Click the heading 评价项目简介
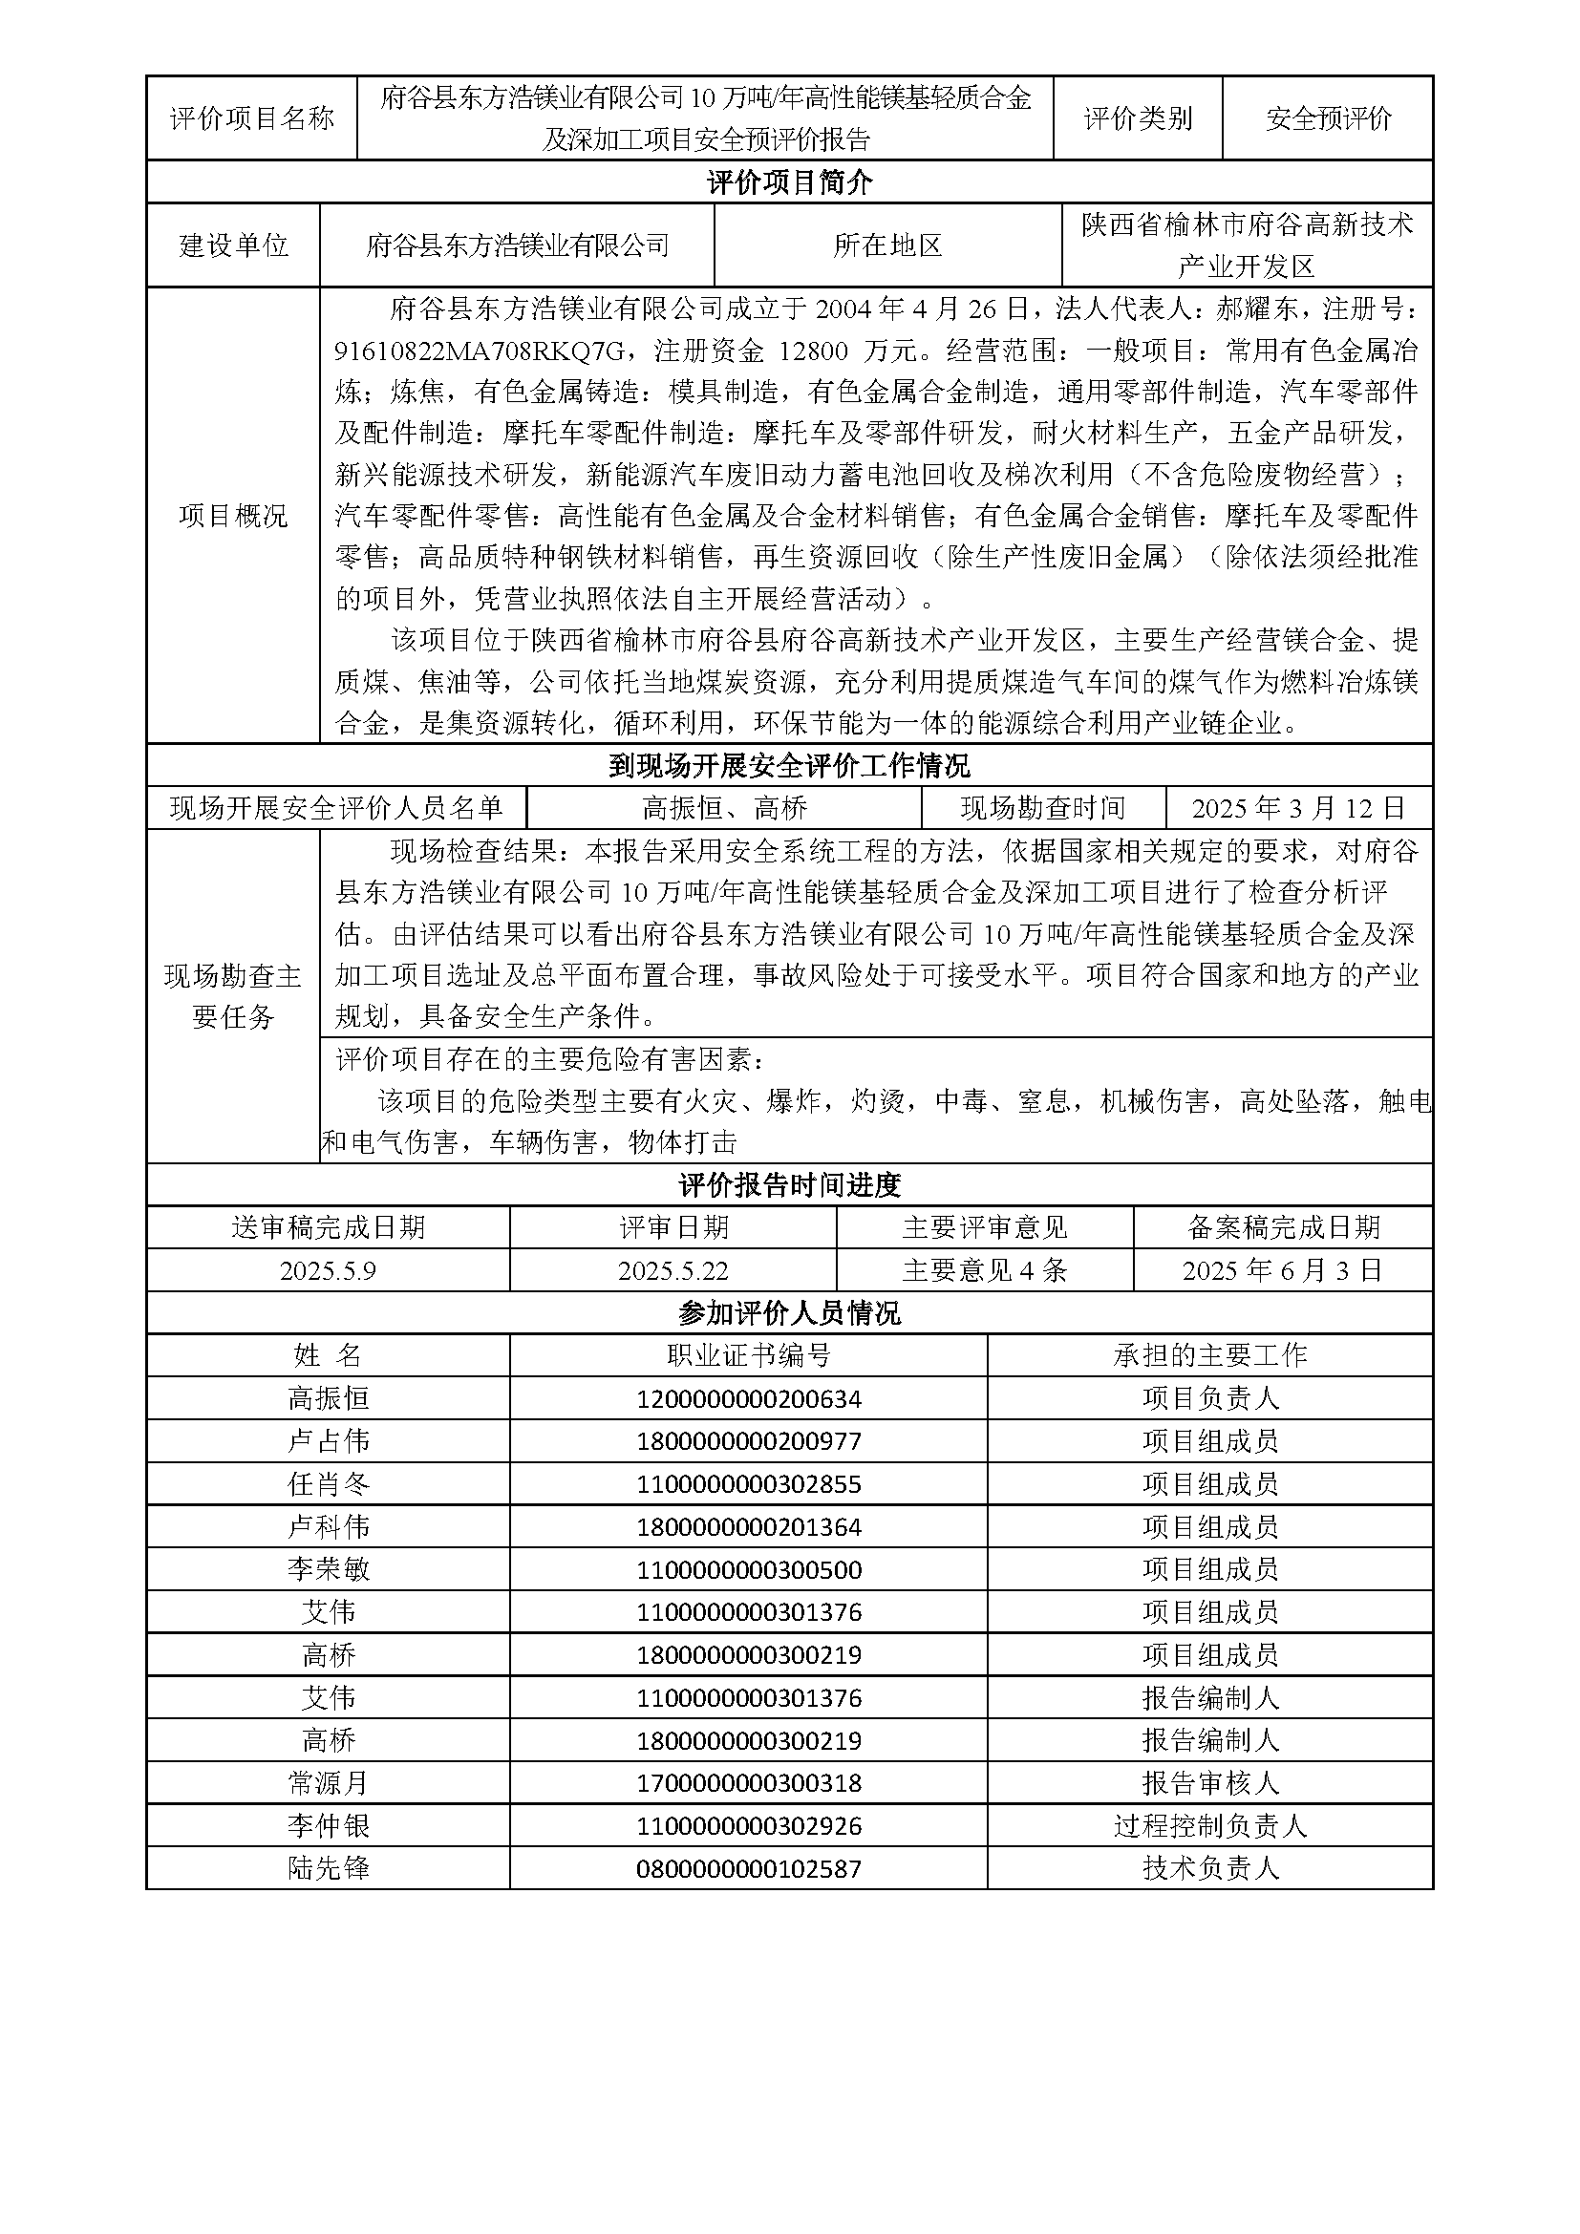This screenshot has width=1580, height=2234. (x=789, y=182)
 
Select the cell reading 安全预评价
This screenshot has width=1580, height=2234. (x=1328, y=118)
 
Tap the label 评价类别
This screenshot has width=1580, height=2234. (x=1138, y=118)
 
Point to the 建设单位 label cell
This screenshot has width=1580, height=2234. (x=233, y=245)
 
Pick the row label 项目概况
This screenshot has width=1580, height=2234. (x=233, y=516)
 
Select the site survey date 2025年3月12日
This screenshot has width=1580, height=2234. (x=1298, y=808)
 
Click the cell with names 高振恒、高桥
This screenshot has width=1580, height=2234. (x=725, y=808)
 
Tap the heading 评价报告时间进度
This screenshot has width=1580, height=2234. (x=789, y=1185)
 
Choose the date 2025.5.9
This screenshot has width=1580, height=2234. (x=328, y=1270)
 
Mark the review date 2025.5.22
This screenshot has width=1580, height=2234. (x=673, y=1270)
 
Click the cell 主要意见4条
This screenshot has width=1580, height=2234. (x=985, y=1270)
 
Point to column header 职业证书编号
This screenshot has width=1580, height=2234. (x=748, y=1355)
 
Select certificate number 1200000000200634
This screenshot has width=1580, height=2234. (x=748, y=1399)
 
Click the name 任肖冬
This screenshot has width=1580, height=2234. (x=328, y=1484)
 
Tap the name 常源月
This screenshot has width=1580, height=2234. (x=328, y=1782)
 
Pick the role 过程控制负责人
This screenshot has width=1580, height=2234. (x=1209, y=1825)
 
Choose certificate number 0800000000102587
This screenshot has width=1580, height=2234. (x=748, y=1868)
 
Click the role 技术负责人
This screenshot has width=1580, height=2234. (x=1209, y=1868)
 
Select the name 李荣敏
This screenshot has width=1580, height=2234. (x=328, y=1569)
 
